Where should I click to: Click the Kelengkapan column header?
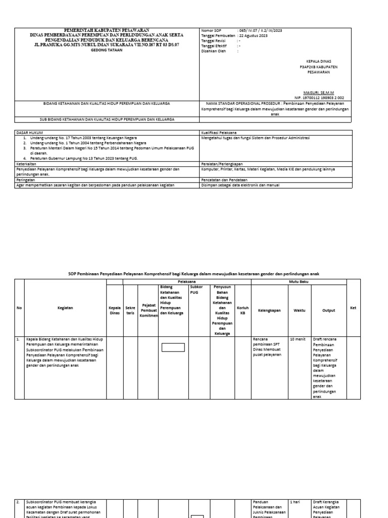coord(269,311)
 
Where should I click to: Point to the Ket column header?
coord(353,308)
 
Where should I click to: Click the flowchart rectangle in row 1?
coord(173,347)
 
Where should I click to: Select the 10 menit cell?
coord(297,339)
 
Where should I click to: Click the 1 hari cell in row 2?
coord(295,502)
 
